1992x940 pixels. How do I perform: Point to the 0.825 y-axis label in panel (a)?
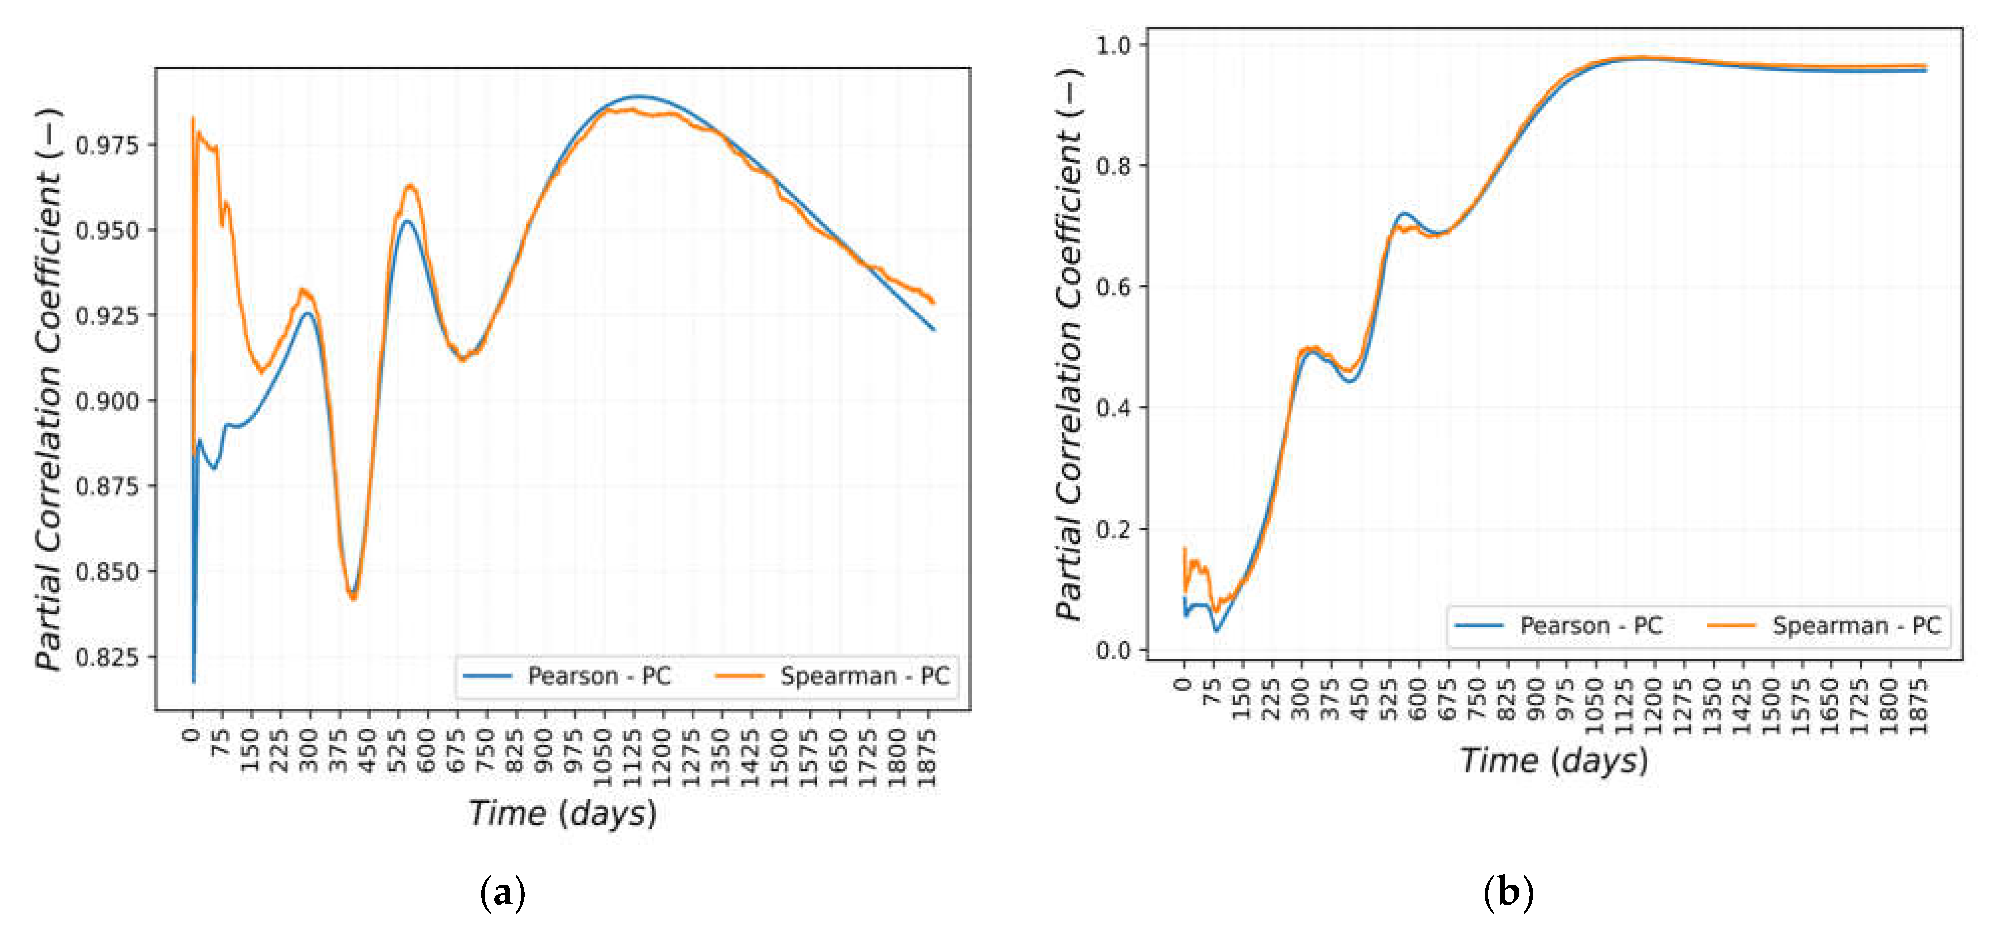[x=107, y=658]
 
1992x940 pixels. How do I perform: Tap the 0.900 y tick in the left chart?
[x=107, y=402]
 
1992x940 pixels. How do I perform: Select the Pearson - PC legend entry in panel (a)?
[x=567, y=676]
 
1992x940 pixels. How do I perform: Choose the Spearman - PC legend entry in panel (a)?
[x=833, y=676]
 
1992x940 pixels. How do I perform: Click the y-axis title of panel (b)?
[x=1069, y=344]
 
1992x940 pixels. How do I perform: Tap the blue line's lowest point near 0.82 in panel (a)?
[x=193, y=682]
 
